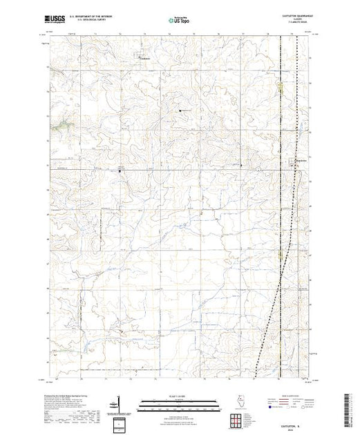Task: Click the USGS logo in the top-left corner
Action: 56,21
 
